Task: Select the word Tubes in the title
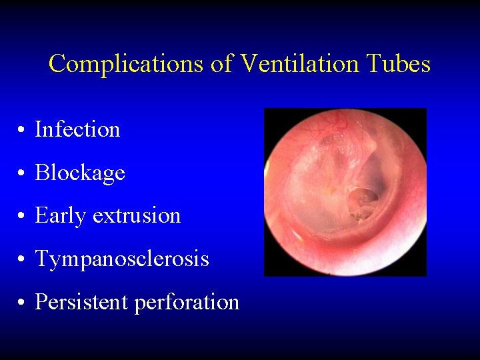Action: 399,65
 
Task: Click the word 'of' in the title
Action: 219,65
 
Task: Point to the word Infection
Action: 77,129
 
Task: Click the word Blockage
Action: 80,173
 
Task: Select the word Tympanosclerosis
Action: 122,259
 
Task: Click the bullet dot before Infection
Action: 23,131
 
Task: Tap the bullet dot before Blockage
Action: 23,174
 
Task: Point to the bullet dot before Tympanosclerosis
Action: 23,260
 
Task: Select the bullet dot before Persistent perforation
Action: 23,303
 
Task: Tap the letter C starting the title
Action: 57,65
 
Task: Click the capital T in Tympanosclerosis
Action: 41,259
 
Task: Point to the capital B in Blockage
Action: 41,173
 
